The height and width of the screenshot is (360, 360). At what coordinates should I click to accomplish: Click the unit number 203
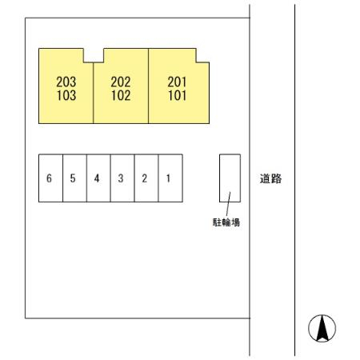[x=66, y=82]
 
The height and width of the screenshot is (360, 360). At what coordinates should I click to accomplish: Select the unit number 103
[x=66, y=95]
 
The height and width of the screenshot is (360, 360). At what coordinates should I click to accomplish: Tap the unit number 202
[x=121, y=82]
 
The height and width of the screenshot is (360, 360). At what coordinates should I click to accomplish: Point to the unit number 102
[x=121, y=95]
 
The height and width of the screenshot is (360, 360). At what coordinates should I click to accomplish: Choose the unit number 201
[x=177, y=82]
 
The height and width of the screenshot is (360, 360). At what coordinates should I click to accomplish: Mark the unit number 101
[x=178, y=95]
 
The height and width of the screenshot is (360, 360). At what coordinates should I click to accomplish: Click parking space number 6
[x=49, y=178]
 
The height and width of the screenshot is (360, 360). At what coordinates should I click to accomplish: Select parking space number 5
[x=73, y=178]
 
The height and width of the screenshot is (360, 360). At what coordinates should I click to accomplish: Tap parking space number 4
[x=97, y=178]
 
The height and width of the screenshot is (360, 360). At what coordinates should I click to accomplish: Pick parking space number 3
[x=121, y=178]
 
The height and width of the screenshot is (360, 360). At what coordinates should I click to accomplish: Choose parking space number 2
[x=145, y=178]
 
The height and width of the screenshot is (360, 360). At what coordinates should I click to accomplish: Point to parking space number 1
[x=168, y=178]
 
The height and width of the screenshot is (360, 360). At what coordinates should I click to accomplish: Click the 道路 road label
[x=270, y=178]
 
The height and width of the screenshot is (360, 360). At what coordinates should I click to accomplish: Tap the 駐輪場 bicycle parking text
[x=226, y=222]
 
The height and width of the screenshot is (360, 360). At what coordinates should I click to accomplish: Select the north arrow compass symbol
[x=322, y=328]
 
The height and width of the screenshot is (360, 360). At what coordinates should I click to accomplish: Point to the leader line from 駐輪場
[x=228, y=204]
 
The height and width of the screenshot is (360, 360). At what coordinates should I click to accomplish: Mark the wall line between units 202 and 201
[x=148, y=86]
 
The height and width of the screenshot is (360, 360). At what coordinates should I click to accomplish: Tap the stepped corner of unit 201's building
[x=196, y=62]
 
